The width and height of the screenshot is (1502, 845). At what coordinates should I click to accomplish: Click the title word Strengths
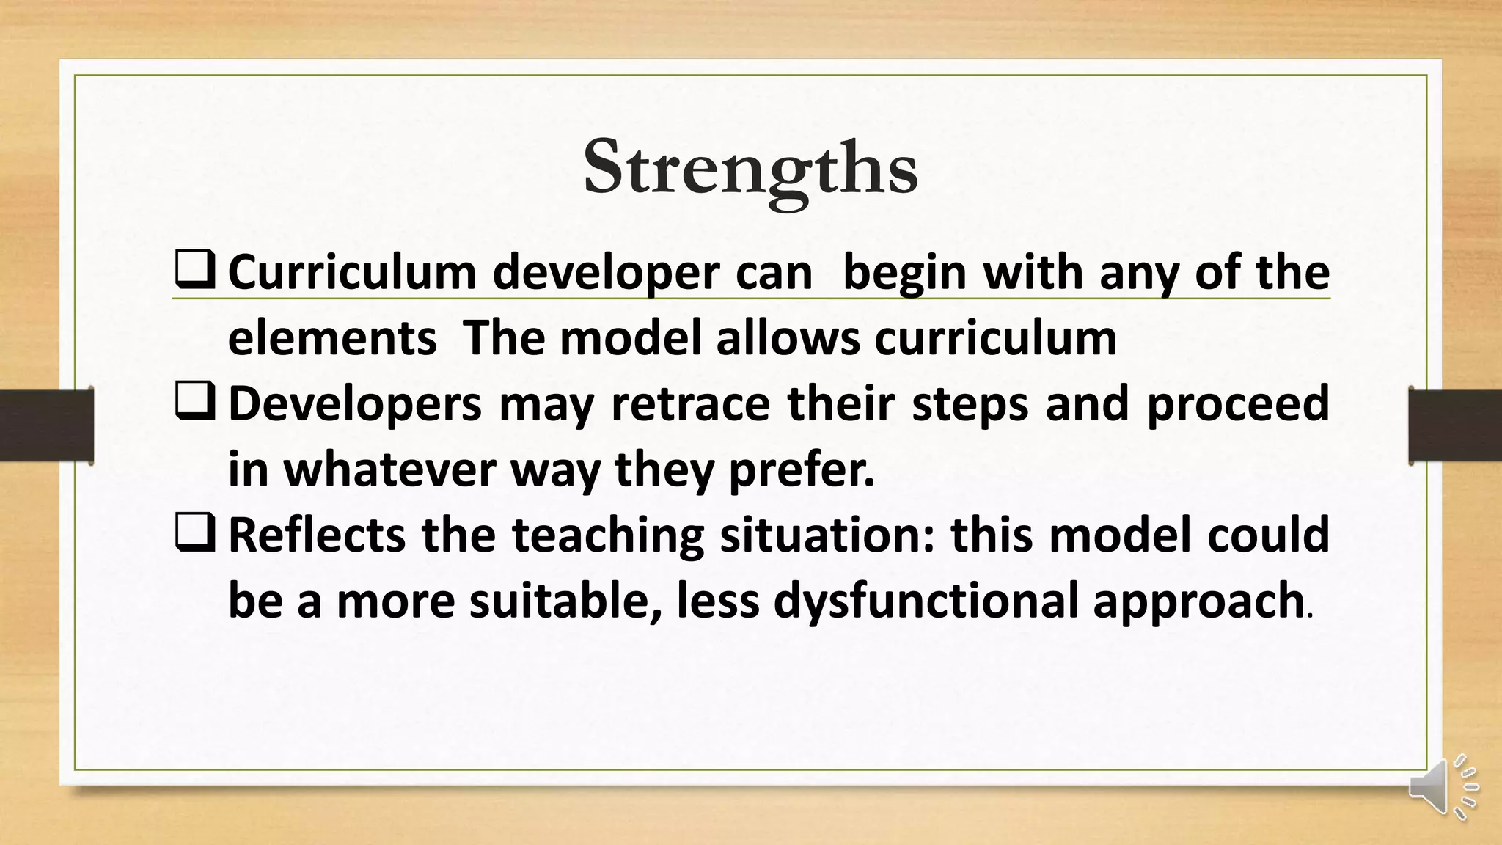click(750, 169)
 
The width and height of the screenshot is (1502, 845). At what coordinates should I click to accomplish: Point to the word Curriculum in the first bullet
click(352, 273)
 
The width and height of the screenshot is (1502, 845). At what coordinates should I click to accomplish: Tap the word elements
click(332, 339)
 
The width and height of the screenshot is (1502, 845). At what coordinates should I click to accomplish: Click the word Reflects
click(316, 535)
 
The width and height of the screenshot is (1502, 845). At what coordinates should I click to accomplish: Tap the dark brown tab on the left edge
click(45, 425)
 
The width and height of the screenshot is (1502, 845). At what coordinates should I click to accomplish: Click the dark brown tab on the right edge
click(1455, 425)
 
